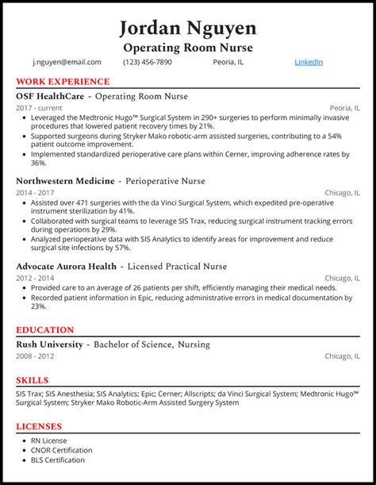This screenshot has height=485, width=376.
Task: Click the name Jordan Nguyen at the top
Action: coord(188,28)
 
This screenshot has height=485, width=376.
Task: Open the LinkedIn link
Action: coord(309,62)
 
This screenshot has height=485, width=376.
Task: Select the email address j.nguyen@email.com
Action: coord(67,62)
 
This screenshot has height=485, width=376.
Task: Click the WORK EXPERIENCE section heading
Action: coord(63,82)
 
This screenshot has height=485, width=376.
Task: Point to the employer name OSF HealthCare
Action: coord(50,96)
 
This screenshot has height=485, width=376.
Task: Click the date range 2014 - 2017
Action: coord(36,193)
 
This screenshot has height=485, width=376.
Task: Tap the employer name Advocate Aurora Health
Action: coord(68,266)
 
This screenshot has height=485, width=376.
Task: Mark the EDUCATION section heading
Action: coord(45,330)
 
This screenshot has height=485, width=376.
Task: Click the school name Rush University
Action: coord(49,345)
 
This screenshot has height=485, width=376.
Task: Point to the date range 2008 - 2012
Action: coord(36,356)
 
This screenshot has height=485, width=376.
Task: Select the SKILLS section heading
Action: coord(33,380)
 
